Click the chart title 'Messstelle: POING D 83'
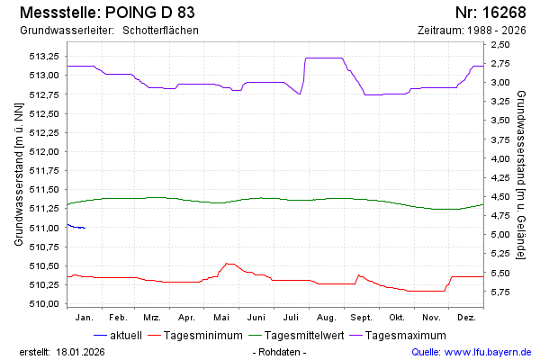point(105,13)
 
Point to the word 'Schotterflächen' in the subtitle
point(160,31)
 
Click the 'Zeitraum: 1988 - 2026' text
point(472,31)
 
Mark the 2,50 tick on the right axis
point(500,44)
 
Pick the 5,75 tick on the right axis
point(500,292)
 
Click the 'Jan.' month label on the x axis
point(85,318)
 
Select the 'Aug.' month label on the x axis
point(327,318)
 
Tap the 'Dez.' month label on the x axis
point(466,318)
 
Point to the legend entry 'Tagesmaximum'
point(407,336)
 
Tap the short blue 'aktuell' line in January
point(76,227)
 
